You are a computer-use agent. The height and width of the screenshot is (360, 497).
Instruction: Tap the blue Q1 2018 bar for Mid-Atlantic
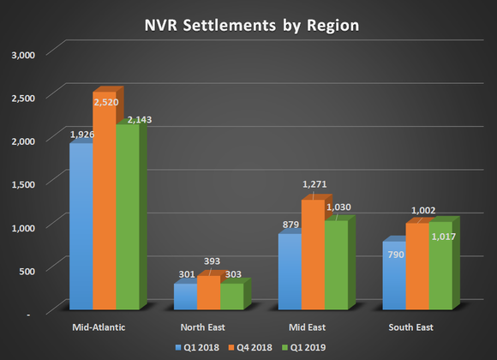coord(81,226)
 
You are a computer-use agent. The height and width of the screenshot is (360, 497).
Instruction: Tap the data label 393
coord(209,261)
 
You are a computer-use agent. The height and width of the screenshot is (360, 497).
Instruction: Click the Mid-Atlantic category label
coord(104,327)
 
